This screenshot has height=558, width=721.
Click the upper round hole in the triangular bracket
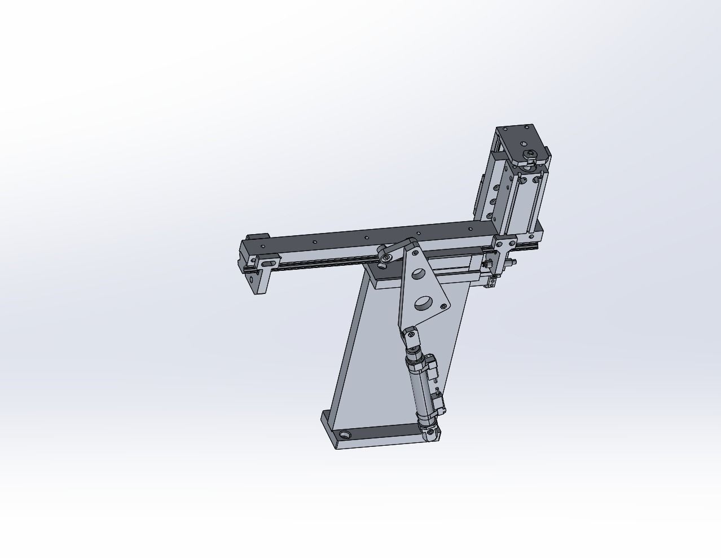419,274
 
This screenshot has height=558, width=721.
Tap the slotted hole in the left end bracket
269,262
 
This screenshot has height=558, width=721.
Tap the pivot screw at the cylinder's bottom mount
431,432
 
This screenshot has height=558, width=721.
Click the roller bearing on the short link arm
386,258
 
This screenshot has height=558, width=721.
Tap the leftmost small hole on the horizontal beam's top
265,247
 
